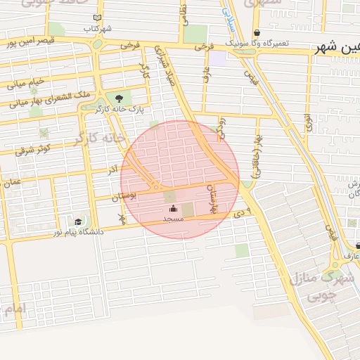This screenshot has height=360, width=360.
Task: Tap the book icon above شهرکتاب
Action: coord(97,18)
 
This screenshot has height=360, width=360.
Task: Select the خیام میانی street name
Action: coord(26,84)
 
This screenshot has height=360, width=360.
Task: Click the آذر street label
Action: coord(112,171)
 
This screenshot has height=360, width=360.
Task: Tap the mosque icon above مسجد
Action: coord(173,208)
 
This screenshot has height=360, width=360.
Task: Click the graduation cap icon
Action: coord(79,221)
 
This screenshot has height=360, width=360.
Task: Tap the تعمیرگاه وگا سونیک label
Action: coord(259,44)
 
